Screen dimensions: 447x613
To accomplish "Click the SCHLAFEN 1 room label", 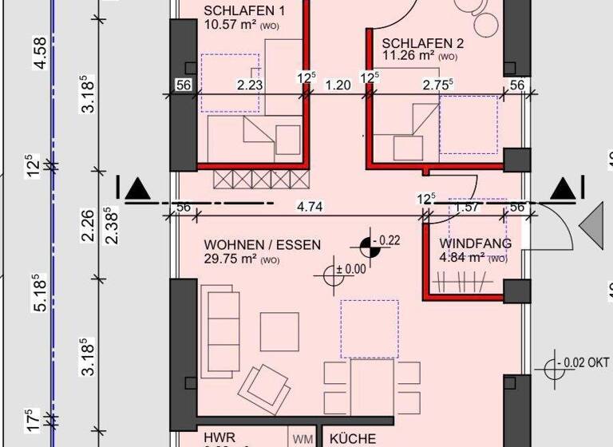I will [x=243, y=10].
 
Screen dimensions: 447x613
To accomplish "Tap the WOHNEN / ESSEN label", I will [x=262, y=244].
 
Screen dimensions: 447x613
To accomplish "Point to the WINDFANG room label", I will [x=476, y=243].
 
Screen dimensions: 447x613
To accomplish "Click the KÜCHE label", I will [x=353, y=439].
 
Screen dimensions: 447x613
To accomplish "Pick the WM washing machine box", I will [x=302, y=439].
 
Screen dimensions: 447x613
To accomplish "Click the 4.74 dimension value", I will [x=309, y=207].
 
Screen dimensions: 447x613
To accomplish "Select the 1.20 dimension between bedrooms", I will [x=338, y=83].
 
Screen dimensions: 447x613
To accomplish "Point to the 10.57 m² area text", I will [x=231, y=24].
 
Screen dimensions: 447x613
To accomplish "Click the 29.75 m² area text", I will [x=231, y=259].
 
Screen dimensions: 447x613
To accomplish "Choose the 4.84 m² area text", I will [x=464, y=257].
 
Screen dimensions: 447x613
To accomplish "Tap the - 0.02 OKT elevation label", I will [x=587, y=362].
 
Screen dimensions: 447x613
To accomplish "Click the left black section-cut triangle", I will [x=137, y=189].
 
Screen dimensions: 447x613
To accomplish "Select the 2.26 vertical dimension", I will [x=88, y=223].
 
